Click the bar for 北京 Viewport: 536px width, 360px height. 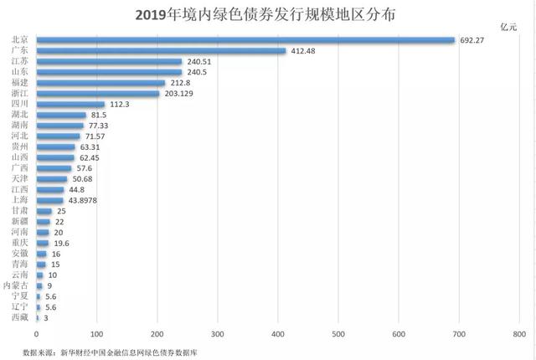coord(245,40)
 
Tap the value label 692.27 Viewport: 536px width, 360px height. coord(476,40)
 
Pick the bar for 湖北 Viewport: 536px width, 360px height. coord(61,116)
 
